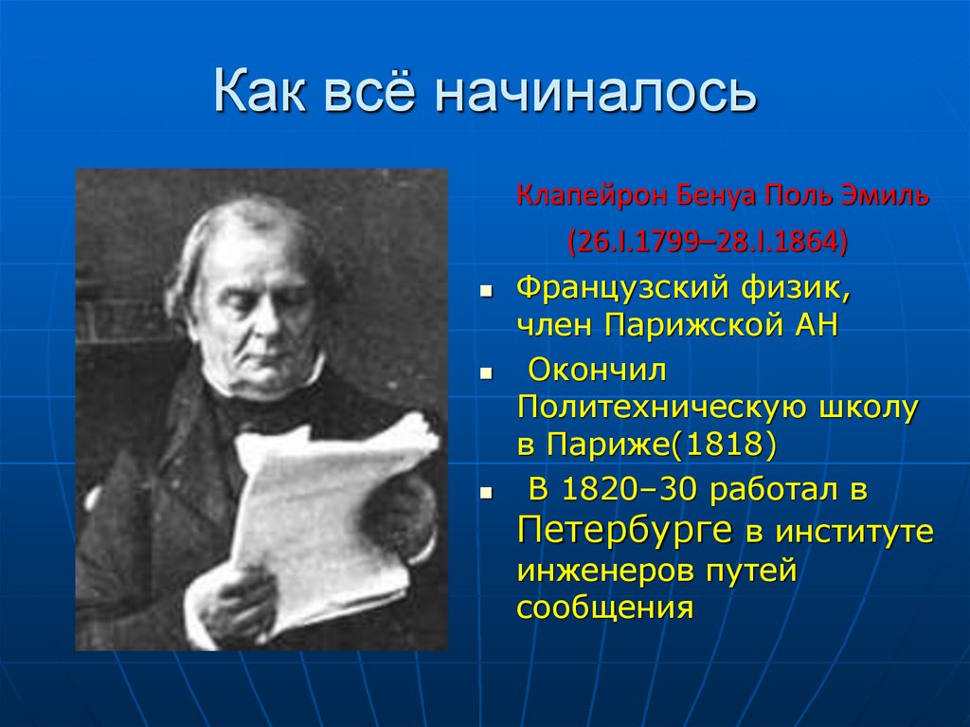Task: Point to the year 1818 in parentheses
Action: pos(730,445)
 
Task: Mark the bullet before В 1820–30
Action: pos(485,493)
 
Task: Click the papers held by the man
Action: pos(322,512)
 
